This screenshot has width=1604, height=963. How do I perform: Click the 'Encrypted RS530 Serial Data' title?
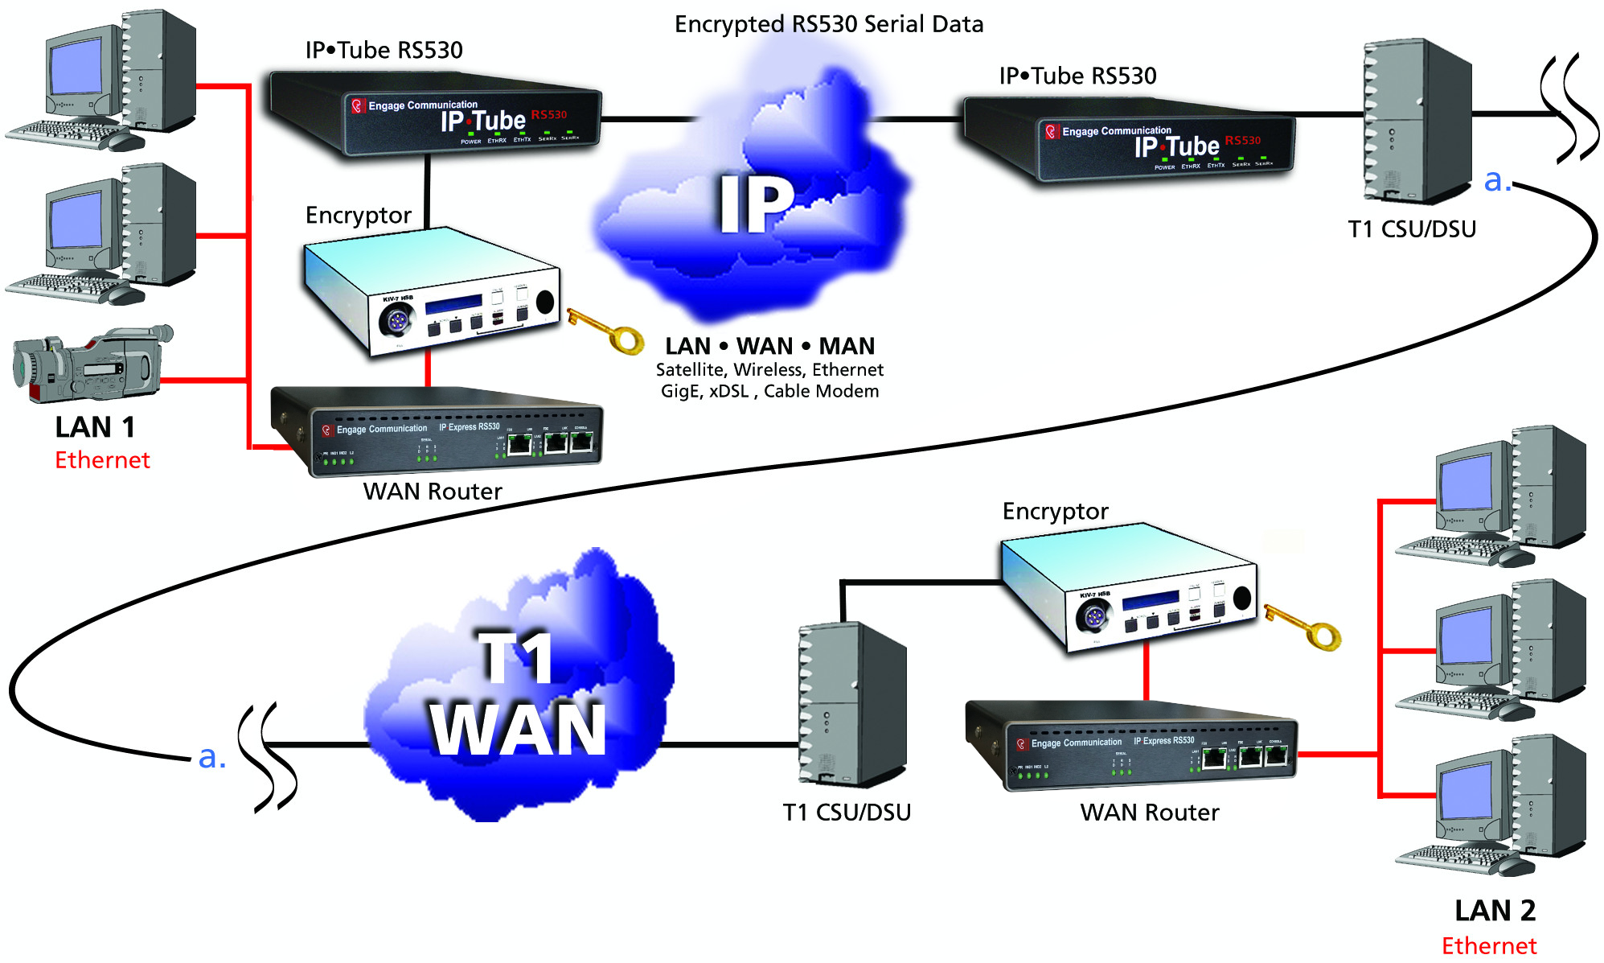click(x=828, y=24)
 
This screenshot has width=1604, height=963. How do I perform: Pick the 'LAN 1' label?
click(x=95, y=427)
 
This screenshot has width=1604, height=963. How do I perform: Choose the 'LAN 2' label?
click(x=1495, y=911)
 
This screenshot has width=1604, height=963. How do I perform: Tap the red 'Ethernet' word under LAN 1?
click(x=102, y=460)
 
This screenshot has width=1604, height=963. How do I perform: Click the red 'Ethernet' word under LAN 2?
click(x=1489, y=946)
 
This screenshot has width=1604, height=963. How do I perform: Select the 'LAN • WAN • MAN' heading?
click(x=769, y=346)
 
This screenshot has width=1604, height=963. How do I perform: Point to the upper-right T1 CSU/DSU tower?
click(x=1416, y=121)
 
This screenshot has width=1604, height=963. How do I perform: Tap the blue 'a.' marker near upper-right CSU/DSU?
click(x=1497, y=180)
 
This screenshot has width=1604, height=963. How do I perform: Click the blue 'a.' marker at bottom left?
click(x=211, y=757)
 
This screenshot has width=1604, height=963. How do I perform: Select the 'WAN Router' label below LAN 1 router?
click(x=433, y=492)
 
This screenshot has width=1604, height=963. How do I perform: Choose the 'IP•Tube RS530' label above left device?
click(x=384, y=50)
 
